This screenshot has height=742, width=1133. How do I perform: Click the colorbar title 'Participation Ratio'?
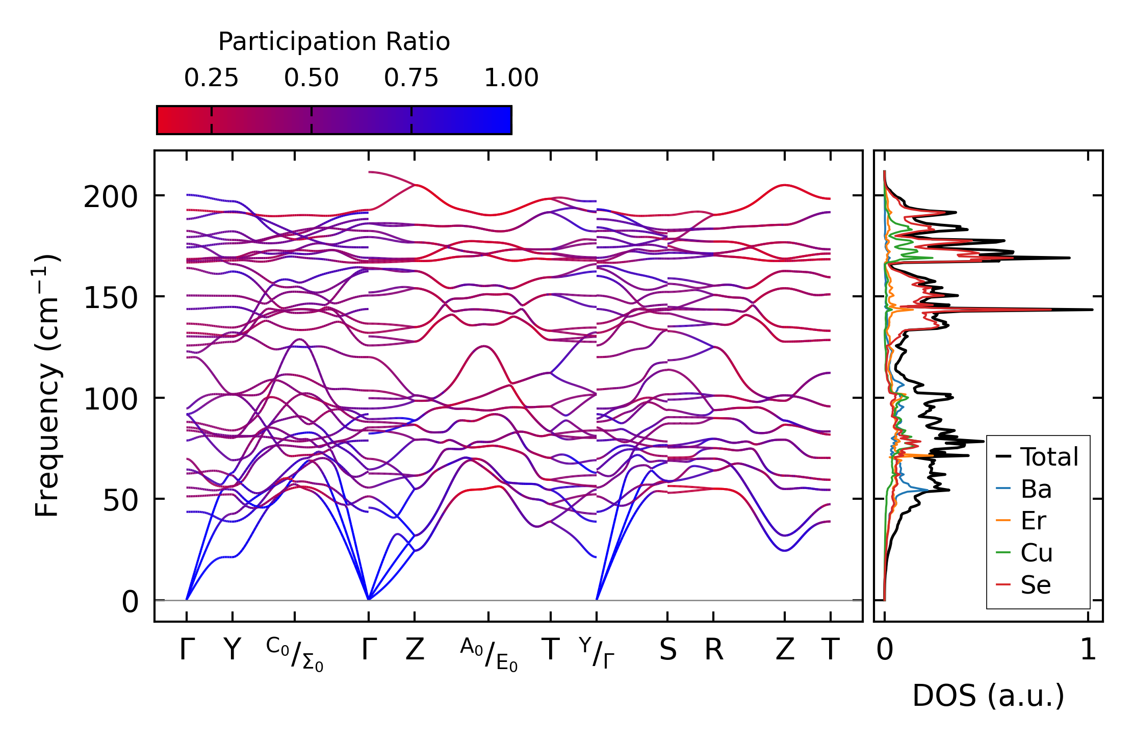coord(334,42)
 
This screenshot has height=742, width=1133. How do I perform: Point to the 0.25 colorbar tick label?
coord(211,78)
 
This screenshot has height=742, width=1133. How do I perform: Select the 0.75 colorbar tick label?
coord(411,78)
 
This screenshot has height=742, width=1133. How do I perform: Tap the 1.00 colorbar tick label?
coord(511,78)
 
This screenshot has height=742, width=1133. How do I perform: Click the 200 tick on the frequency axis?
coord(111,197)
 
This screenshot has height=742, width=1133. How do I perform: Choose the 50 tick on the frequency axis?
coord(120,500)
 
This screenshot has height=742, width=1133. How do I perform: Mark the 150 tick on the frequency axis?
coord(111,298)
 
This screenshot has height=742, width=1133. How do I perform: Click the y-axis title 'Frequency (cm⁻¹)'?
coord(47,386)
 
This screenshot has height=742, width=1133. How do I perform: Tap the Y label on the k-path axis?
coord(233,650)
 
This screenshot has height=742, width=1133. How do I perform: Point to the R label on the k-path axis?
coord(714,650)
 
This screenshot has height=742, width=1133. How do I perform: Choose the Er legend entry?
coord(1033,521)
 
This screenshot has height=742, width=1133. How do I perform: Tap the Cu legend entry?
coord(1036,553)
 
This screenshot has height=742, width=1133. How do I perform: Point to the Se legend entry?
coord(1035,585)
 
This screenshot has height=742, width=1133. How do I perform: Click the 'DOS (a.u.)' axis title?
coord(988,696)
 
